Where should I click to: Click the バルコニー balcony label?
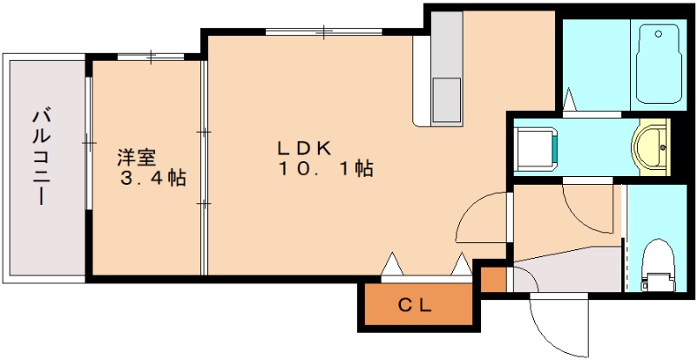tap(40, 157)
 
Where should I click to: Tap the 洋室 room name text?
tap(137, 159)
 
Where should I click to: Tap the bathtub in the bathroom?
tap(660, 63)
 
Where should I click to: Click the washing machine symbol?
tap(534, 146)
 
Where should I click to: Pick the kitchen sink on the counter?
tap(448, 98)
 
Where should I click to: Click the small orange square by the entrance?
tap(494, 279)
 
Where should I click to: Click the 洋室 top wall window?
tap(150, 58)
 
